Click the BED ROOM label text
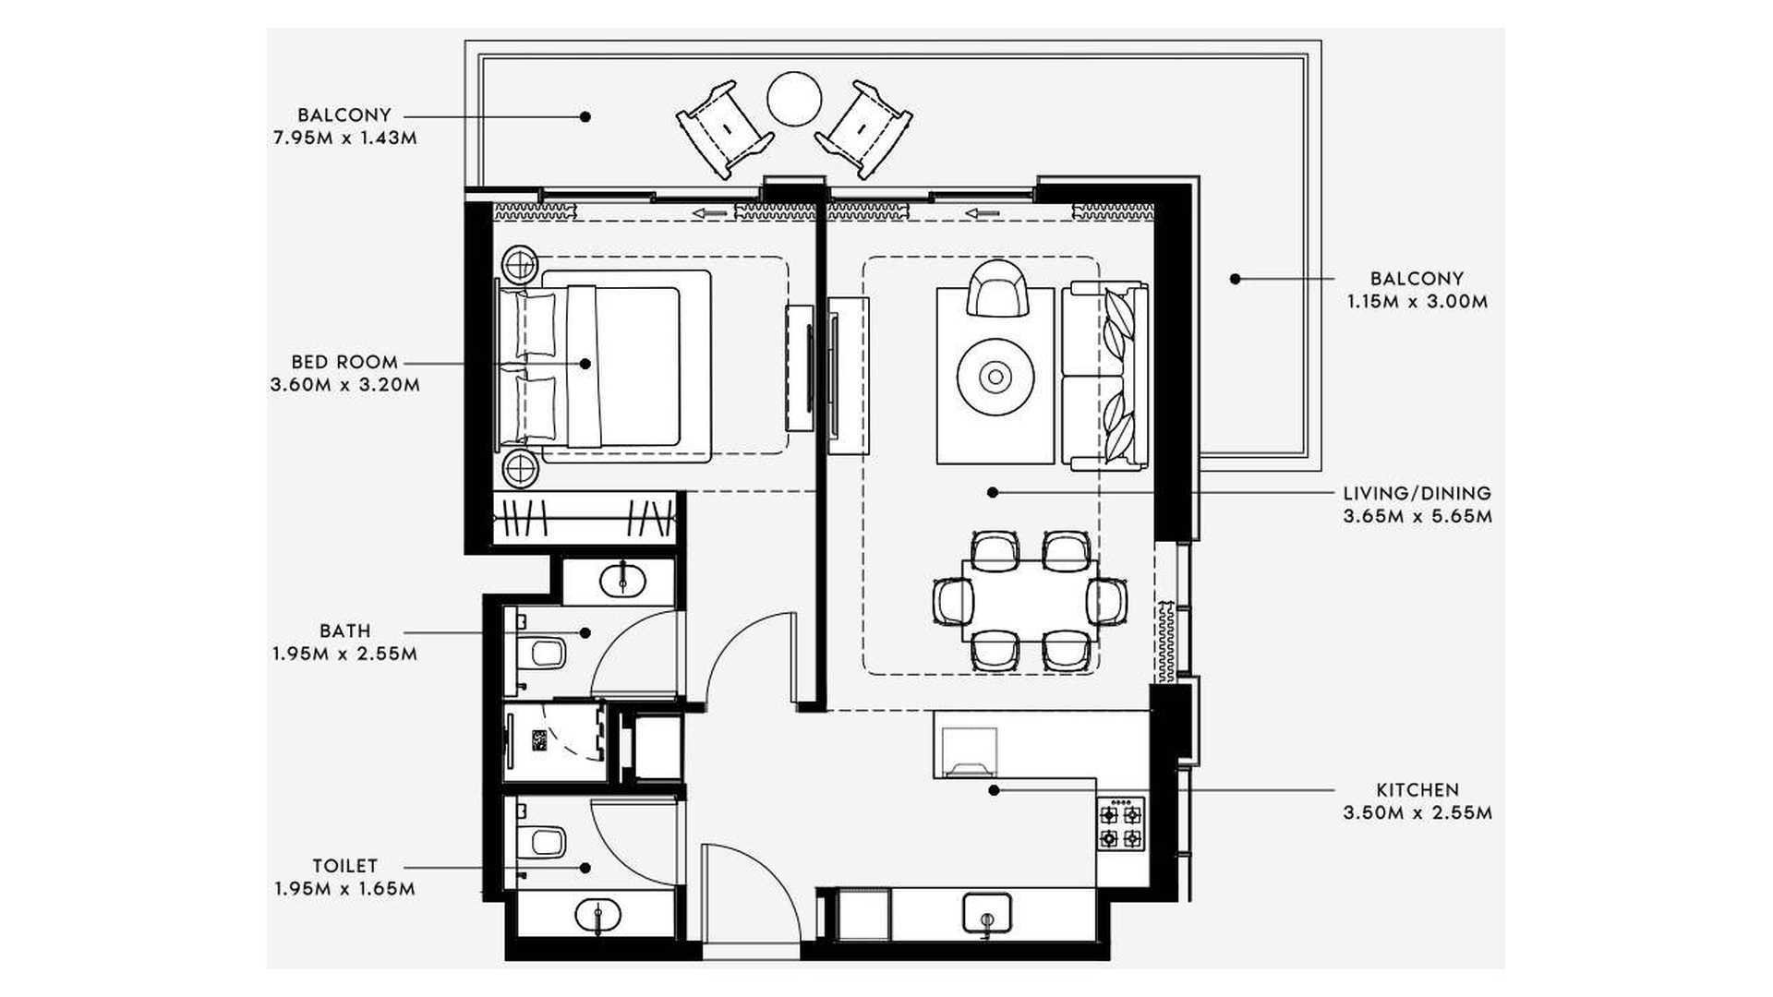click(344, 362)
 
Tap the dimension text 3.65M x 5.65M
click(1417, 516)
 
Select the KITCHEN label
click(1417, 790)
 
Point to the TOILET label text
click(345, 866)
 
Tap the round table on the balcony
click(794, 99)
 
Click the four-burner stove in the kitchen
click(1121, 823)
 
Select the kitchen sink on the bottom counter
click(987, 913)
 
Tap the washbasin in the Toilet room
click(598, 915)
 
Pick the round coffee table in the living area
click(995, 376)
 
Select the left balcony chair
click(725, 129)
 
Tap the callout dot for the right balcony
click(1235, 279)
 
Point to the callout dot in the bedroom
click(585, 364)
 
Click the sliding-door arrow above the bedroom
click(710, 214)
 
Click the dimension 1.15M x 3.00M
click(1417, 302)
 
